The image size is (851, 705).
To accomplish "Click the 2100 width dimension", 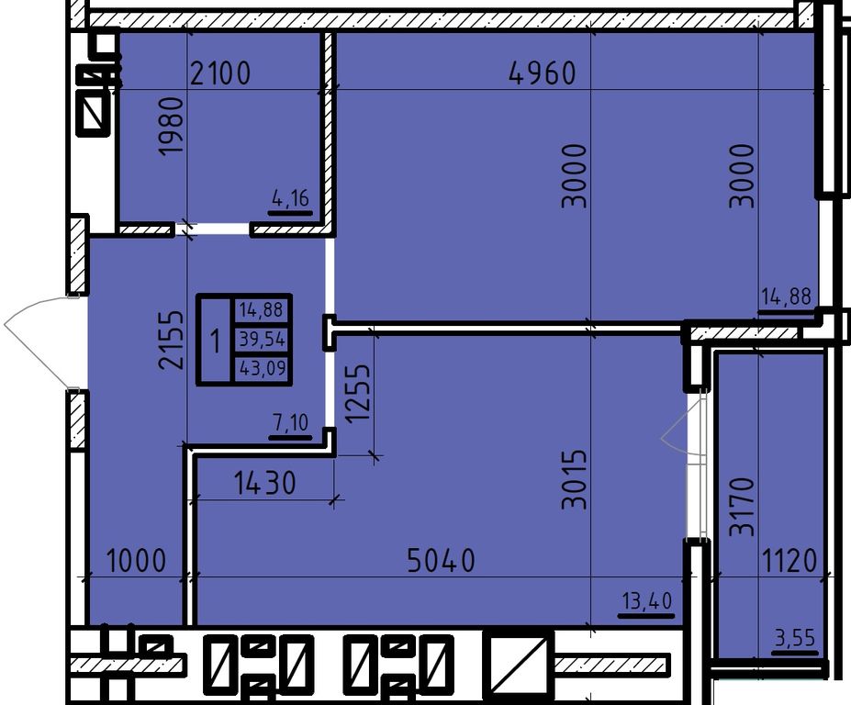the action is point(220,73).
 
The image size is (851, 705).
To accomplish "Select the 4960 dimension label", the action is point(543,73).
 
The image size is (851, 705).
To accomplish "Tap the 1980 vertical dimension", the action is point(171,127).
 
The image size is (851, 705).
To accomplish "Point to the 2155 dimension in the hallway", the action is point(171,340).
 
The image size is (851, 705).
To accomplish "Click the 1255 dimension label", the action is point(358,392).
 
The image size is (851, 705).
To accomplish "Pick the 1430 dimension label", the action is point(265,483).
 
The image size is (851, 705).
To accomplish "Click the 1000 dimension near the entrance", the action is point(136,561).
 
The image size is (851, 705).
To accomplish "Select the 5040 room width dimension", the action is point(442,561).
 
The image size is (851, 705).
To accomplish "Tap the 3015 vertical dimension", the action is point(575,478).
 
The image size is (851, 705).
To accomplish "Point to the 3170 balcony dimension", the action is point(742,507).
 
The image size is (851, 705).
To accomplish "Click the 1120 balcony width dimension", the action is point(789,561).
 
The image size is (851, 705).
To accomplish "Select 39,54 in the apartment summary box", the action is point(263,340).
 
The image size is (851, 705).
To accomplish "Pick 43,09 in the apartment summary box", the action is point(263,368).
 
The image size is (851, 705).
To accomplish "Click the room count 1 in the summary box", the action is point(216,341).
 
